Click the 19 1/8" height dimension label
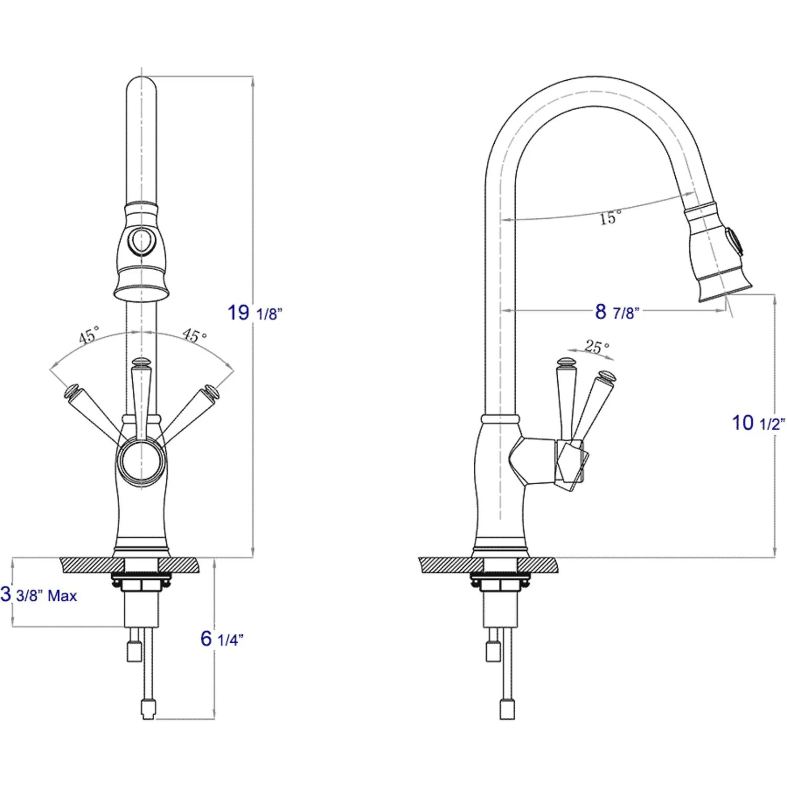coord(254,313)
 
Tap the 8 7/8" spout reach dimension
coord(616,312)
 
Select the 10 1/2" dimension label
coord(758,423)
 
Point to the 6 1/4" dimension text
coord(221,639)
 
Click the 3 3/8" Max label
coord(39,595)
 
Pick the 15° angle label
coord(610,217)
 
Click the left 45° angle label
coord(89,335)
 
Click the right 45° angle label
coord(195,335)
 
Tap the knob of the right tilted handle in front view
coord(211,391)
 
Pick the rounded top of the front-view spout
coord(141,84)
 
